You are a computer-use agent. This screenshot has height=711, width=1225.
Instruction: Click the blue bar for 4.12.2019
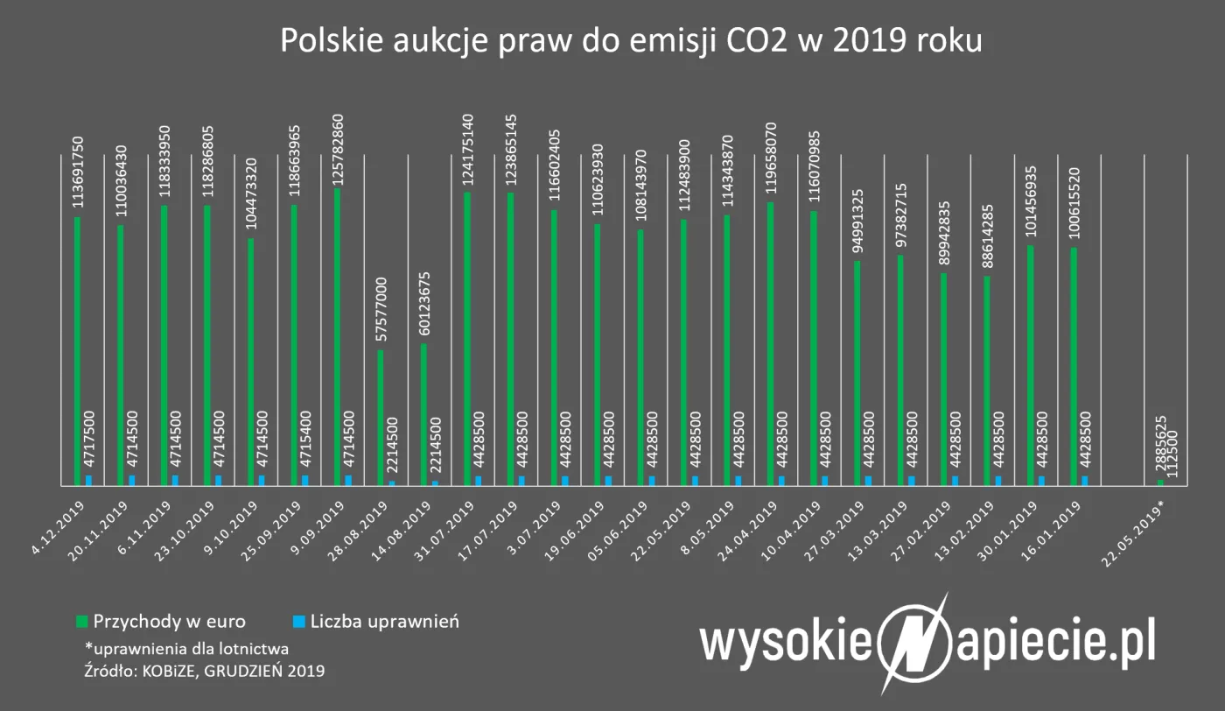(88, 480)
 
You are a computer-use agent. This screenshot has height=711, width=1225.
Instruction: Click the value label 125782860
(338, 147)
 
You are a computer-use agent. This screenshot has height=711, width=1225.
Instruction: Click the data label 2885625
(1161, 447)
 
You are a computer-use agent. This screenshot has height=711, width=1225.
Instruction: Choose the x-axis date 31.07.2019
(452, 525)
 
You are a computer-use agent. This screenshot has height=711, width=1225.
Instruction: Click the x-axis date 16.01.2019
(1059, 525)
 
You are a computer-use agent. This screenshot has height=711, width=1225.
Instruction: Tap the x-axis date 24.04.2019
(755, 525)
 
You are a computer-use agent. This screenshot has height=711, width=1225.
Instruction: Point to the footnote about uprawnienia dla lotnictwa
(186, 649)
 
